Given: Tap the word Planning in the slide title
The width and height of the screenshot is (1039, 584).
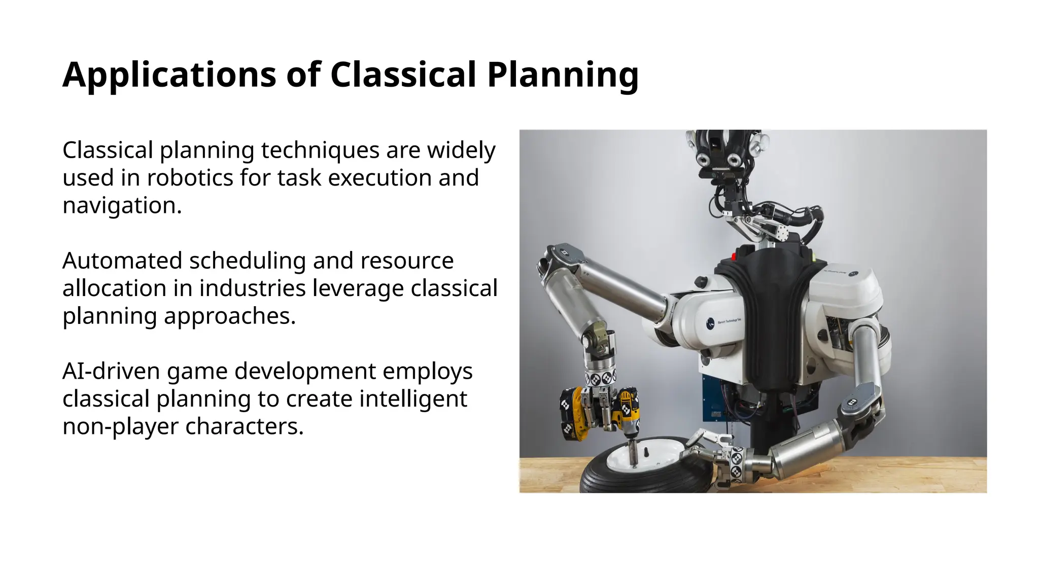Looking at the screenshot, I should click(x=562, y=75).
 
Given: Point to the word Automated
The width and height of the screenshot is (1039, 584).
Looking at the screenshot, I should click(x=122, y=261).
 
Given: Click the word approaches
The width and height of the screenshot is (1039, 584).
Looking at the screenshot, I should click(x=230, y=316).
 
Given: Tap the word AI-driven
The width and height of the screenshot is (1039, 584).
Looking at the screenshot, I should click(x=111, y=371).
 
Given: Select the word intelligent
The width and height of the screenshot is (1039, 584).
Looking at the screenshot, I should click(x=413, y=398).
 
